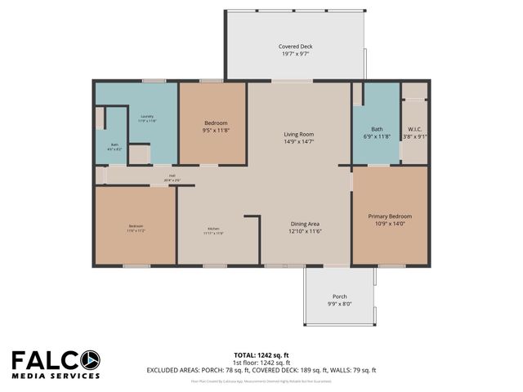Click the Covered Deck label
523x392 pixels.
tap(295, 47)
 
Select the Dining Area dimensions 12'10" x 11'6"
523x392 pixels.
tap(305, 232)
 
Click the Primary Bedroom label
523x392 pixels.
tap(389, 216)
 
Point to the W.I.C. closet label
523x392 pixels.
tap(414, 128)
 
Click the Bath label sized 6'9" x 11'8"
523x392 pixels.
tap(377, 128)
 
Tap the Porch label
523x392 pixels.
tap(339, 296)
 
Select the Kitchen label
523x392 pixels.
tap(212, 229)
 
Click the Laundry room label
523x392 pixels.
tap(148, 117)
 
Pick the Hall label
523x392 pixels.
tap(172, 175)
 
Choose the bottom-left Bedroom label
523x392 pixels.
tap(135, 226)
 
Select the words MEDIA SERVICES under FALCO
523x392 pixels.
tap(56, 376)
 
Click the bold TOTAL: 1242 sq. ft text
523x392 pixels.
tap(261, 354)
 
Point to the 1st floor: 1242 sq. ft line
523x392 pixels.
tap(261, 362)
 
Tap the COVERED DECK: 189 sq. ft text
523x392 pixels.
tap(292, 370)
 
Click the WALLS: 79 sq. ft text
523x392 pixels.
tap(355, 370)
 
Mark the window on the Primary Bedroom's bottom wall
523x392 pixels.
tap(389, 265)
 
